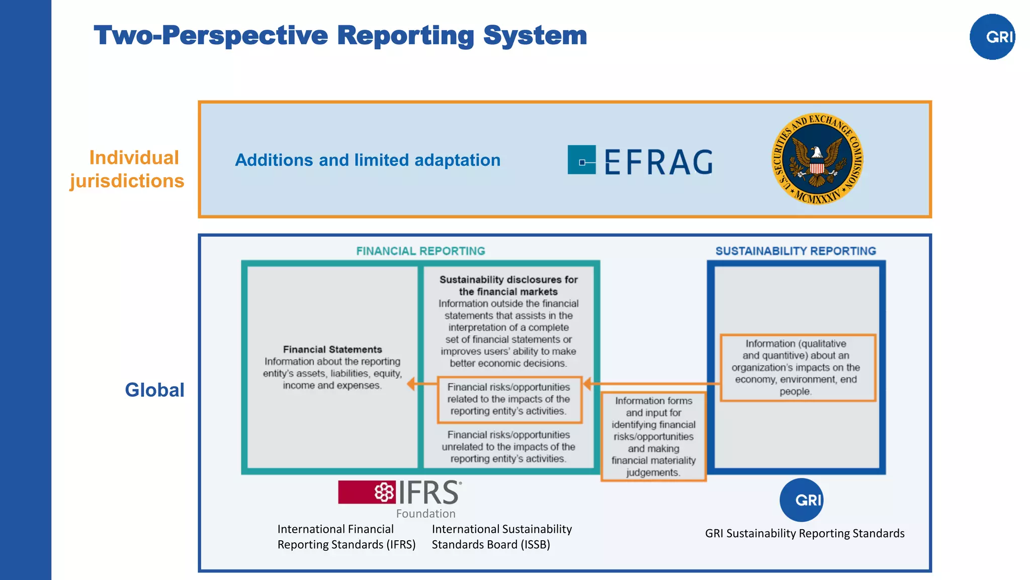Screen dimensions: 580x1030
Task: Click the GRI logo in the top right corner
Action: click(992, 37)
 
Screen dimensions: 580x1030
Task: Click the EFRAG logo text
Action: click(658, 162)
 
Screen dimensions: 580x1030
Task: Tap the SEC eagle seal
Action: click(817, 159)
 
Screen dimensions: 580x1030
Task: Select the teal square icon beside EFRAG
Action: click(581, 160)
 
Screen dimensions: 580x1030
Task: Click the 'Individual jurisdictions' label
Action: click(128, 169)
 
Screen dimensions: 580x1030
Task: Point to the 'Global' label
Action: click(154, 390)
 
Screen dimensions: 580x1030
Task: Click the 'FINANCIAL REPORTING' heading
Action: click(420, 251)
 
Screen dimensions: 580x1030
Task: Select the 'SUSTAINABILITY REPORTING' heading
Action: click(795, 251)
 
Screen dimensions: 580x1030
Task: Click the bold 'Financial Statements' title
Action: click(332, 349)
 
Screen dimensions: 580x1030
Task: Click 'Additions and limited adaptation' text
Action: click(368, 160)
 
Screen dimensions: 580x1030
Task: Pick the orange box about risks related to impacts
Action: click(509, 399)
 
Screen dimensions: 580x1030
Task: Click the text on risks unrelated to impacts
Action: click(508, 447)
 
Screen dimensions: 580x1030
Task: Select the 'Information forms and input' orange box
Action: click(653, 437)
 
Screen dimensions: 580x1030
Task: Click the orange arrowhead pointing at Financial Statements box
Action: click(411, 384)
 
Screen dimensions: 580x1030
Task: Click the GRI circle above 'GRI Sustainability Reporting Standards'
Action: click(801, 500)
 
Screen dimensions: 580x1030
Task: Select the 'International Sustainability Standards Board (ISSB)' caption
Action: click(501, 537)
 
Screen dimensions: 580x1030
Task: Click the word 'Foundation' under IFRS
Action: click(425, 514)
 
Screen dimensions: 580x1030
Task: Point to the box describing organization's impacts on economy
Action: click(798, 368)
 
